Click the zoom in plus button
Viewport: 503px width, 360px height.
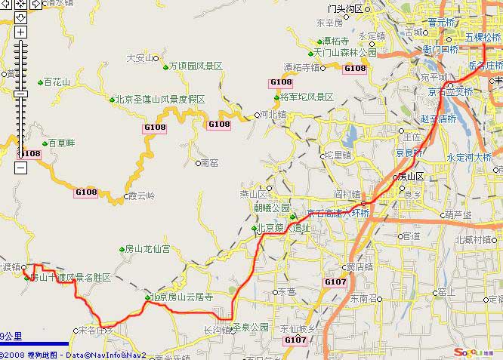(x=20, y=32)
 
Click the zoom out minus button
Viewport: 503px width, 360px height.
(x=20, y=168)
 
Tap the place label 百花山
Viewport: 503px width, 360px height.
(x=57, y=82)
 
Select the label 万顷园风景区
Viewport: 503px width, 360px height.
(x=196, y=67)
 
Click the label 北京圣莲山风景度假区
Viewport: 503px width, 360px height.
(x=160, y=99)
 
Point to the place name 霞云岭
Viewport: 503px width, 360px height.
(x=141, y=196)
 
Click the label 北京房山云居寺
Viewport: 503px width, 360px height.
(x=182, y=297)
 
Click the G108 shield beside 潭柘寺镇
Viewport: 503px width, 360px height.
(x=354, y=69)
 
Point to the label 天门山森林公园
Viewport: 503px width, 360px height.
(x=345, y=53)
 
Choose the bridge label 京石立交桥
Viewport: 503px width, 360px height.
(x=451, y=92)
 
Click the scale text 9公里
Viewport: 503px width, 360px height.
(x=11, y=337)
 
